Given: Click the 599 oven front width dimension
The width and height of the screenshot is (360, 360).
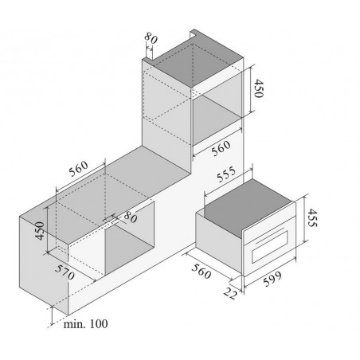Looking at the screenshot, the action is pyautogui.click(x=272, y=279).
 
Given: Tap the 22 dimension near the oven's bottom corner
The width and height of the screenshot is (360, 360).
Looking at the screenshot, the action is pyautogui.click(x=230, y=293).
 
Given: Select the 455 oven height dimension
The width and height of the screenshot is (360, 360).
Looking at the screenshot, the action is pyautogui.click(x=312, y=217).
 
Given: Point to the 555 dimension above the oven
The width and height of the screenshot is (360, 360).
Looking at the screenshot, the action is pyautogui.click(x=226, y=174).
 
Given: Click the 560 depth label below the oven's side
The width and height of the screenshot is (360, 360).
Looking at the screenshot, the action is pyautogui.click(x=202, y=271).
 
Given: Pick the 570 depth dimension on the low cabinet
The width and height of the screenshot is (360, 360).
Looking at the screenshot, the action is pyautogui.click(x=65, y=272).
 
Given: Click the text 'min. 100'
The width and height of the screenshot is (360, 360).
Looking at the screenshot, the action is pyautogui.click(x=85, y=324).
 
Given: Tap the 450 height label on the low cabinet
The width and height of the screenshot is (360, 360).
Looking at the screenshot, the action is pyautogui.click(x=40, y=231).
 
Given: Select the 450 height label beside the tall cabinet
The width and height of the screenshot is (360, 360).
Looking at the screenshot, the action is pyautogui.click(x=259, y=88).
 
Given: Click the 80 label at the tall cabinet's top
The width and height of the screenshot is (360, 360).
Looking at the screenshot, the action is pyautogui.click(x=151, y=38).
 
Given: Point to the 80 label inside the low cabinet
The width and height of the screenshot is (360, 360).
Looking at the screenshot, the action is pyautogui.click(x=131, y=217).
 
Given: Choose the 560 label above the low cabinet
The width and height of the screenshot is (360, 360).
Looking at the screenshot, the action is pyautogui.click(x=78, y=169).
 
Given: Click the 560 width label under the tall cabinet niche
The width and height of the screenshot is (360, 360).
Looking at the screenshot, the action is pyautogui.click(x=221, y=148).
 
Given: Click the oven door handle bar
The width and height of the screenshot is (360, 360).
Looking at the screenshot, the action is pyautogui.click(x=270, y=235).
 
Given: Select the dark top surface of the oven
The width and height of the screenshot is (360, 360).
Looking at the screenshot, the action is pyautogui.click(x=248, y=207).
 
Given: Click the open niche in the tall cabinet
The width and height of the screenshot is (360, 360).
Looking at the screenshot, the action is pyautogui.click(x=217, y=117).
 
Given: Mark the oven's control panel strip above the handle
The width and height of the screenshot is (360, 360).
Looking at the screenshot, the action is pyautogui.click(x=269, y=226).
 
